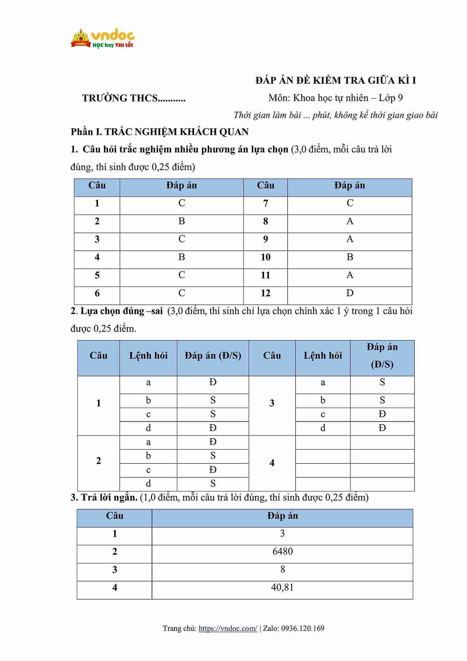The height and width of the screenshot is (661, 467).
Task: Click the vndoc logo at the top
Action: click(x=103, y=39)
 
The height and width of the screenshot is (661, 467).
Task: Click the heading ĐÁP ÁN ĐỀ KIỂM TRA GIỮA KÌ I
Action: click(x=336, y=81)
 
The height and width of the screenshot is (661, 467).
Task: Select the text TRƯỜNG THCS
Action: click(x=133, y=98)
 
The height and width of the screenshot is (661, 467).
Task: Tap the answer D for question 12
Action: click(x=350, y=293)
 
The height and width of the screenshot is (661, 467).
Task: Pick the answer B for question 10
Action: click(x=350, y=257)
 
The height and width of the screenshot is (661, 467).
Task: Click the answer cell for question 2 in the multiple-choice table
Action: click(x=182, y=221)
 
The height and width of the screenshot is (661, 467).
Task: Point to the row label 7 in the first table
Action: click(x=265, y=203)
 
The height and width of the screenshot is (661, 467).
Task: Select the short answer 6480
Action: click(x=282, y=551)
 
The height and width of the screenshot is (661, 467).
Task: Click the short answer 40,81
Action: click(x=282, y=587)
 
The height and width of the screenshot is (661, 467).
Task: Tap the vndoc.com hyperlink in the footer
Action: click(x=228, y=629)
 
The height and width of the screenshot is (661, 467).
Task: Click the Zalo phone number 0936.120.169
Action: click(x=303, y=629)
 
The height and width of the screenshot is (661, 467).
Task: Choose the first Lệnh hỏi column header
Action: click(x=148, y=356)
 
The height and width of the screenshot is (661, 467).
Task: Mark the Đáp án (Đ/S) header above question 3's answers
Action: click(x=382, y=356)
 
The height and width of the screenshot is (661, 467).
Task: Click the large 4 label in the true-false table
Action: click(x=272, y=463)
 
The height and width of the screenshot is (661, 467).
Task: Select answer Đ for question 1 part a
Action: click(x=213, y=382)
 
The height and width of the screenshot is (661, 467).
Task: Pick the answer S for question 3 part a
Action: click(x=382, y=382)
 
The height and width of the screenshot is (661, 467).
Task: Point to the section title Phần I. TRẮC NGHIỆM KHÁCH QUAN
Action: click(x=160, y=132)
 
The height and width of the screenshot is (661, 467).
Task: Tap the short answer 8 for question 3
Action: click(x=282, y=570)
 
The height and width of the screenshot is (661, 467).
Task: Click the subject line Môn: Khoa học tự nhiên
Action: click(x=336, y=98)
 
